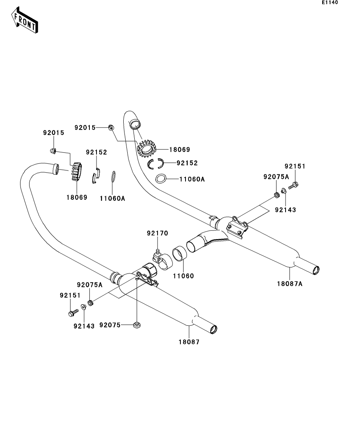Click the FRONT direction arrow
pyautogui.click(x=24, y=20)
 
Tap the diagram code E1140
pyautogui.click(x=330, y=2)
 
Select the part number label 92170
pyautogui.click(x=158, y=233)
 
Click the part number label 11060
pyautogui.click(x=183, y=276)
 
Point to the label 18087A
pyautogui.click(x=289, y=284)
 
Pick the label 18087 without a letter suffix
pyautogui.click(x=189, y=342)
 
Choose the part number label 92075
pyautogui.click(x=110, y=325)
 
